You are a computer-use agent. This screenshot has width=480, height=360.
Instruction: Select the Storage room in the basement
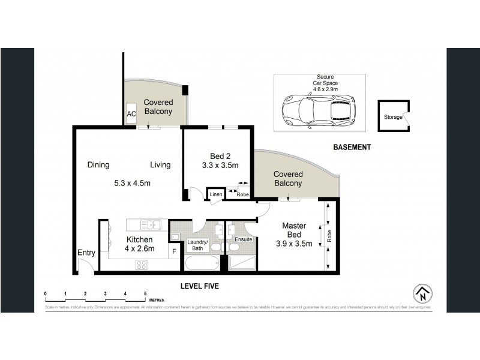pos(393,117)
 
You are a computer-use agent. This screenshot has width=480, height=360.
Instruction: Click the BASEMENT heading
pos(352,147)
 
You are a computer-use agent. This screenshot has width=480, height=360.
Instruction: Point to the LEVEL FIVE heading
pos(200,287)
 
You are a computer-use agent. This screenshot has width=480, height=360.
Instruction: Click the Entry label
pos(86,253)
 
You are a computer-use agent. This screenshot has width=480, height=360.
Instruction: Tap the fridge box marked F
pos(174,252)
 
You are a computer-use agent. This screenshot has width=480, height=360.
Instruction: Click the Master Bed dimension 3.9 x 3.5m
pos(295,244)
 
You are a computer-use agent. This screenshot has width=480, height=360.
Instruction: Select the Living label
pos(160,165)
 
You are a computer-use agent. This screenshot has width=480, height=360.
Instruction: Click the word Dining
pos(98,165)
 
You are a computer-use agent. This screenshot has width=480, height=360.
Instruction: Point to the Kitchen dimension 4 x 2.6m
pos(139,248)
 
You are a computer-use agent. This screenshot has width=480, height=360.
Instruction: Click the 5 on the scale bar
pos(145,293)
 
